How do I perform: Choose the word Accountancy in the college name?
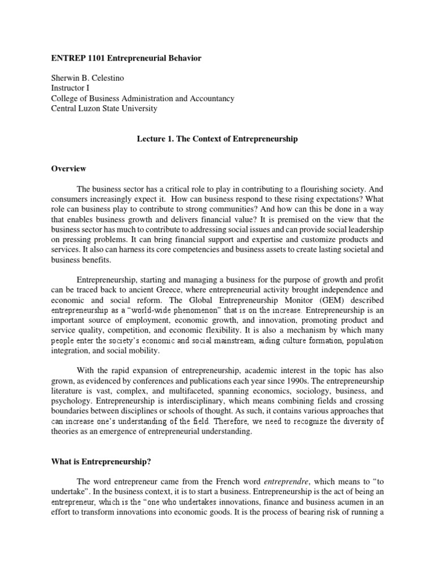pyautogui.click(x=213, y=98)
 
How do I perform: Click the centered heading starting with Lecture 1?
pyautogui.click(x=217, y=139)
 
